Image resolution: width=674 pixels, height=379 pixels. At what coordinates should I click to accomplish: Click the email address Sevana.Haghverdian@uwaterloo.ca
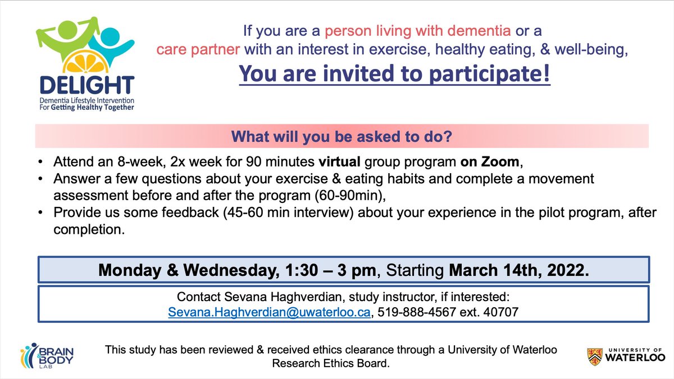(x=270, y=313)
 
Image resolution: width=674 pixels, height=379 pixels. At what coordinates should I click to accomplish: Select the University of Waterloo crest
(x=594, y=355)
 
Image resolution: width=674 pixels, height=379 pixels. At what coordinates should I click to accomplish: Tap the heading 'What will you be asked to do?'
(x=341, y=136)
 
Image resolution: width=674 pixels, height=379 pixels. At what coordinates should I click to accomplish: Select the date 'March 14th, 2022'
(x=517, y=270)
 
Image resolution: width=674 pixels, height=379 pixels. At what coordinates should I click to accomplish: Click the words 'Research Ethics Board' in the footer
(x=330, y=363)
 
